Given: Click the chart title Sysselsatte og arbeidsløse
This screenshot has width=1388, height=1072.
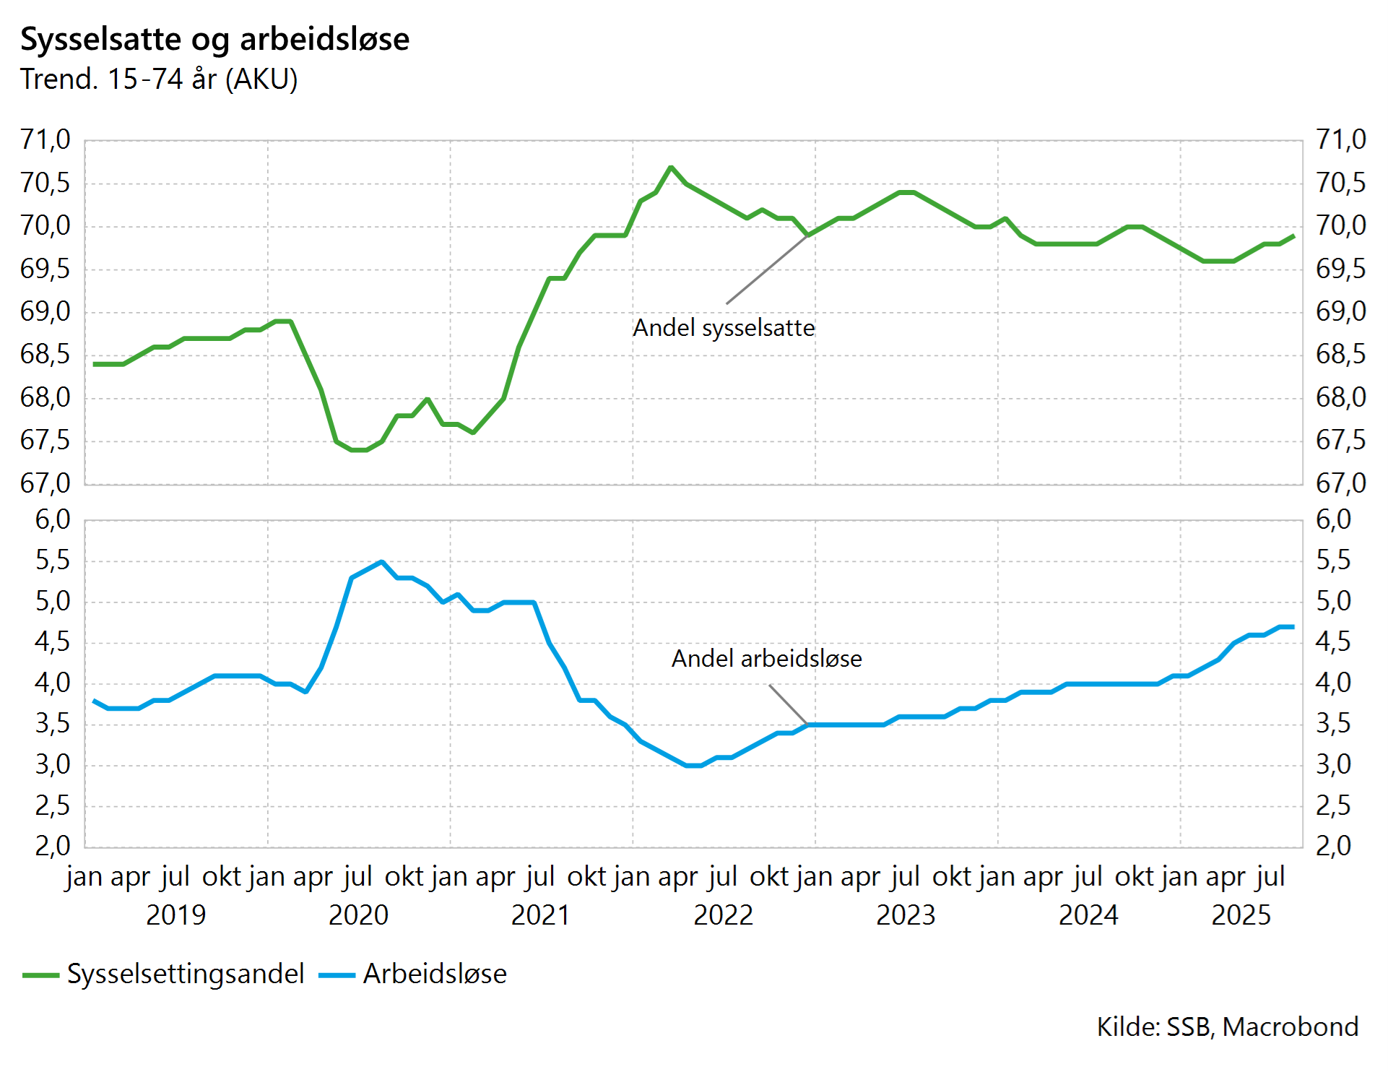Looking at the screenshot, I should [214, 39].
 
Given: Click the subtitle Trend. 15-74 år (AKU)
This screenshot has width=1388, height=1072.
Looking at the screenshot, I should [159, 79].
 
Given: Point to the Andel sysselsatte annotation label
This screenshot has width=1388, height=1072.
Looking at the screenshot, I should [724, 328].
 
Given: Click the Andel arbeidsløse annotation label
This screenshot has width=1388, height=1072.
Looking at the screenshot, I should [766, 659].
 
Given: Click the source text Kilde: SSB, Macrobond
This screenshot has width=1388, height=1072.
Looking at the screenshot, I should [1227, 1026].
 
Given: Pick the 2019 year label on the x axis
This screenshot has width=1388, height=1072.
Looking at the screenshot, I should [175, 915].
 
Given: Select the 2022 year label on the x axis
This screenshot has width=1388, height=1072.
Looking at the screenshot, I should [723, 915].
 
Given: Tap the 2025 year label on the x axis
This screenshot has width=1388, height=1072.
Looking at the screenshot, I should [1241, 915].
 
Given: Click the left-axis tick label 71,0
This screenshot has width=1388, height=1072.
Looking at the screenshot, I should [45, 139].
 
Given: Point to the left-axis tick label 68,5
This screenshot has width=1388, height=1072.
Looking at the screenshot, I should [45, 354].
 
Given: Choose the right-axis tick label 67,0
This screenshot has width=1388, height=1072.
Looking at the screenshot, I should [1341, 483].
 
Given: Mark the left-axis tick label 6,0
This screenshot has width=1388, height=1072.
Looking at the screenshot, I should [53, 519].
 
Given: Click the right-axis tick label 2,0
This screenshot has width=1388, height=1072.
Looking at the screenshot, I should [1333, 846].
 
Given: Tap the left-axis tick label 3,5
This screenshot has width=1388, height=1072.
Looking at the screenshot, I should [53, 724].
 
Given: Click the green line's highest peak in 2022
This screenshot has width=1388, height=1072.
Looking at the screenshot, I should [671, 167].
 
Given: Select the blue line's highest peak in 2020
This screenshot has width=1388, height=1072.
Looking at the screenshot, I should [381, 561].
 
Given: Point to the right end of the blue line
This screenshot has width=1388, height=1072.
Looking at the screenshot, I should [1293, 627].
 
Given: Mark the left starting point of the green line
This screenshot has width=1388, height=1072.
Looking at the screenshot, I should [95, 364].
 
